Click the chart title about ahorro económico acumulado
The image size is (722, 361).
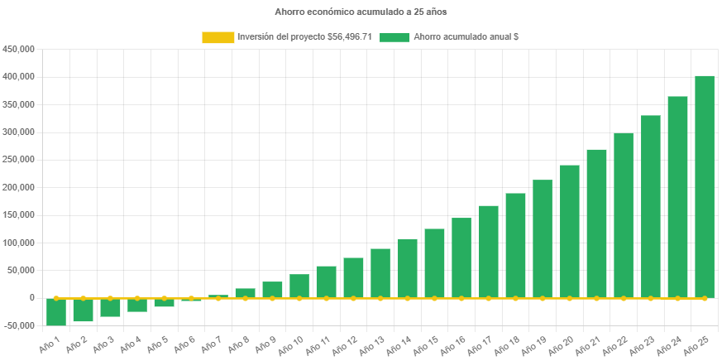click(361, 12)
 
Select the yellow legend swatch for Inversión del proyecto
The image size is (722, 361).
click(218, 37)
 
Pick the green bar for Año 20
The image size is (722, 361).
click(569, 231)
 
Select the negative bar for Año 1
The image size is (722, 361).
click(56, 311)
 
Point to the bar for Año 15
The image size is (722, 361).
click(434, 262)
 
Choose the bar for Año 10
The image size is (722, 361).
click(299, 286)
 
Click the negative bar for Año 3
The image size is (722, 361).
click(110, 307)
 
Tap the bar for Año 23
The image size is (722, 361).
click(650, 206)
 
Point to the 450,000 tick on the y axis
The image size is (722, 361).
click(18, 49)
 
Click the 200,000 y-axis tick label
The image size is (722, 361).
click(18, 187)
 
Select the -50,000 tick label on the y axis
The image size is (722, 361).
click(18, 325)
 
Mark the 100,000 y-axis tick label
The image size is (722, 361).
click(18, 243)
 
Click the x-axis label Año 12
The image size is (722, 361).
click(347, 344)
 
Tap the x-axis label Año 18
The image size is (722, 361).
click(509, 344)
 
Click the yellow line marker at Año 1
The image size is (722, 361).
click(56, 297)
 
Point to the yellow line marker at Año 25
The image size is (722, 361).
click(704, 297)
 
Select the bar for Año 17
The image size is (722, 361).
click(488, 251)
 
